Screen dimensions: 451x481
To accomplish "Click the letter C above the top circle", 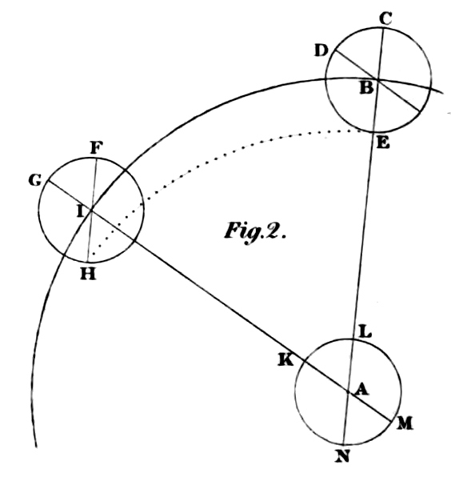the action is point(385,18).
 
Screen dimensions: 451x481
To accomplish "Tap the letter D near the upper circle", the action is point(321,50).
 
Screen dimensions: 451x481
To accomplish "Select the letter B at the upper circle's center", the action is point(367,88).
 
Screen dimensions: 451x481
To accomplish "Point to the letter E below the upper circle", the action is point(383,143).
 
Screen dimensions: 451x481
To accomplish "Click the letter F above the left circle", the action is point(96,148).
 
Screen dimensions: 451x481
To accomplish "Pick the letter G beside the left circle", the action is point(35,180).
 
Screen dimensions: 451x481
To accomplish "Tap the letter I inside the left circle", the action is point(80,211).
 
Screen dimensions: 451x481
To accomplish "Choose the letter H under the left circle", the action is point(88,274).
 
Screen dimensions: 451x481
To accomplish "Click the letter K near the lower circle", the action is point(285,359).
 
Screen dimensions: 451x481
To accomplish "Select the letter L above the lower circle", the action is point(365,332).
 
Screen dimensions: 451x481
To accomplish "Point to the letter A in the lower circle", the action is point(361,390).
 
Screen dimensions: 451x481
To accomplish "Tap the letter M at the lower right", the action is point(405,423).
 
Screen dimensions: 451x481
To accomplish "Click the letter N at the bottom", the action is point(342,456).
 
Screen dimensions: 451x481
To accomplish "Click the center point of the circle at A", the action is point(349,391).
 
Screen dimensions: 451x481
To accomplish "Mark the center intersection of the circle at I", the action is point(91,210).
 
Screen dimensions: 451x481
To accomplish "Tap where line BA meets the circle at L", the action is point(353,339).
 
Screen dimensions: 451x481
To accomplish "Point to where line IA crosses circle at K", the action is point(305,362).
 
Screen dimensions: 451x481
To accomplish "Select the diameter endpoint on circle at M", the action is point(392,422).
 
